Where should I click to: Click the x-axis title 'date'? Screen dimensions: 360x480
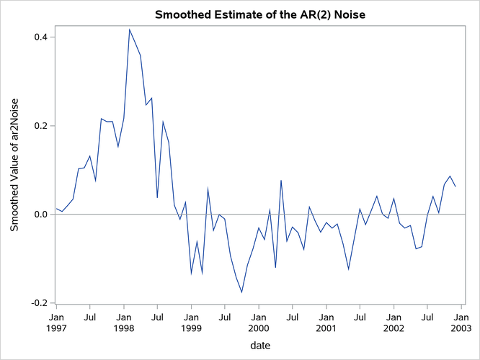pyautogui.click(x=259, y=346)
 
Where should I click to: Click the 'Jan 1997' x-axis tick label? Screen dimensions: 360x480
pyautogui.click(x=56, y=322)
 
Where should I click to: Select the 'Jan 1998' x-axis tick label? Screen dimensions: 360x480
pyautogui.click(x=124, y=322)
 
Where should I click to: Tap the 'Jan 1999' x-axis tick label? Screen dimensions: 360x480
pyautogui.click(x=191, y=322)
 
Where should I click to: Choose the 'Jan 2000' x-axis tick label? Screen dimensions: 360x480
pyautogui.click(x=259, y=322)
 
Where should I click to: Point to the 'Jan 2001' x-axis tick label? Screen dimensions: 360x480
pyautogui.click(x=326, y=322)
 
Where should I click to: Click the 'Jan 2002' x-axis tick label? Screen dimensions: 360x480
pyautogui.click(x=394, y=322)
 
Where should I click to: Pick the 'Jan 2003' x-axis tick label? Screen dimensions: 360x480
pyautogui.click(x=462, y=322)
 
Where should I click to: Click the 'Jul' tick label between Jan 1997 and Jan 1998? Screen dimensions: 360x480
pyautogui.click(x=90, y=316)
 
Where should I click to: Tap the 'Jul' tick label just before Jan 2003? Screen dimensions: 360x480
pyautogui.click(x=428, y=316)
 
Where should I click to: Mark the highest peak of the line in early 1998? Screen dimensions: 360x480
pyautogui.click(x=130, y=30)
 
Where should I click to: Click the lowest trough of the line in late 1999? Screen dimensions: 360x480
pyautogui.click(x=241, y=292)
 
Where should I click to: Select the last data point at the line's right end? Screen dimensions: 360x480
pyautogui.click(x=455, y=186)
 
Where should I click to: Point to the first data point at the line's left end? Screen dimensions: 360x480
pyautogui.click(x=56, y=209)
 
